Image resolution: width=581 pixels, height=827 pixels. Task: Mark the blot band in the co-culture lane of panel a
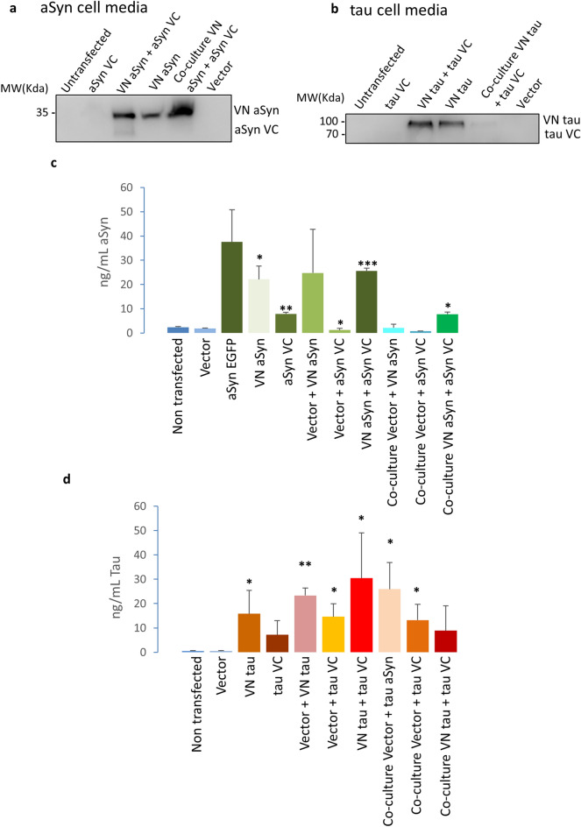172,111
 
